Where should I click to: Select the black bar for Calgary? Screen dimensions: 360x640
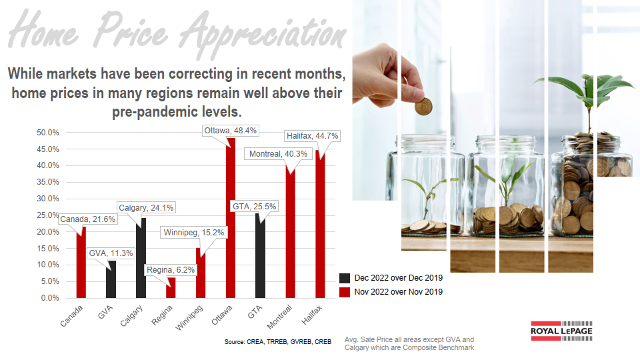[141, 257]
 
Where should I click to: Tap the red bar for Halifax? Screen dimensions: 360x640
[320, 227]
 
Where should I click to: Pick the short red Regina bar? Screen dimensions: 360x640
[171, 288]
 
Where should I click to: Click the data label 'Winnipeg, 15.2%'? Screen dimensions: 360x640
[195, 233]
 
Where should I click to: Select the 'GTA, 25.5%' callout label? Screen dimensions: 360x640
[253, 207]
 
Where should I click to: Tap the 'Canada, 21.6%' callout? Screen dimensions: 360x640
[88, 219]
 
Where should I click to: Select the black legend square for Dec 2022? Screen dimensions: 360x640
[345, 278]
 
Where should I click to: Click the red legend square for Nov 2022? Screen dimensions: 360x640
[345, 292]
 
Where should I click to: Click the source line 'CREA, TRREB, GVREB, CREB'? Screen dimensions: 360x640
[278, 342]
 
